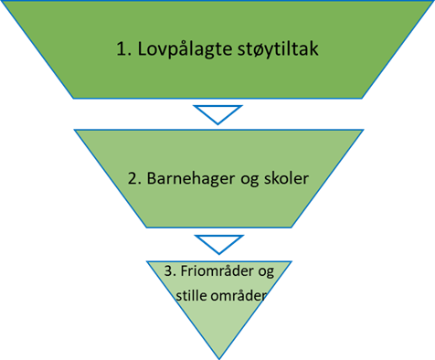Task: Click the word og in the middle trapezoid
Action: pos(247,180)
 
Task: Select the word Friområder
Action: pos(208,274)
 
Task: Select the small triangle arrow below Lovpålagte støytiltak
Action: pos(217,113)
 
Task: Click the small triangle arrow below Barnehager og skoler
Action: pos(217,244)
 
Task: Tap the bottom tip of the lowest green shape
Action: pos(218,357)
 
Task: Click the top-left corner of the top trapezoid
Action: pos(2,2)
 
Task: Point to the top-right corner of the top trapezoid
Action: pos(433,2)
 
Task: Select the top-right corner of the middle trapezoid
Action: pos(362,130)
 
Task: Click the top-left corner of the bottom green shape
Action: pos(145,261)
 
